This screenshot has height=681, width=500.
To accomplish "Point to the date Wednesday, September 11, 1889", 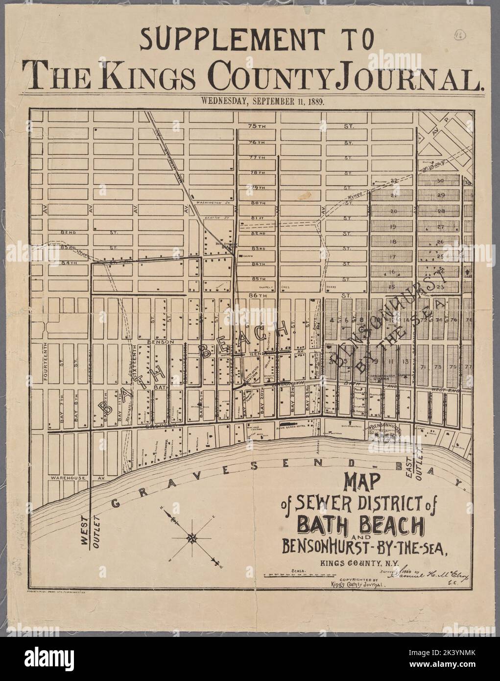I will coord(252,102).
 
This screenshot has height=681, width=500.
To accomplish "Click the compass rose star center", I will coord(191,537).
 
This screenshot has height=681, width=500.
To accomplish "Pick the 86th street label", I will coord(256,295).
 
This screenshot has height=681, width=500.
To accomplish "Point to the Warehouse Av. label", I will coord(73,477).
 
